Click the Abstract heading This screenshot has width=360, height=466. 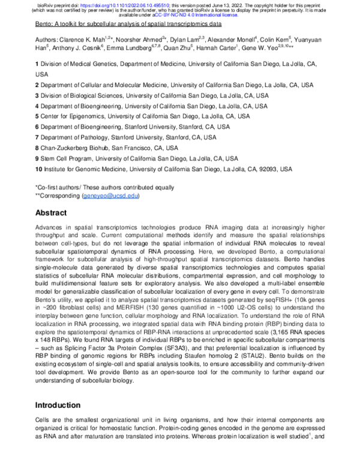tap(55, 213)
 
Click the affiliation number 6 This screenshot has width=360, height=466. tap(37, 127)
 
